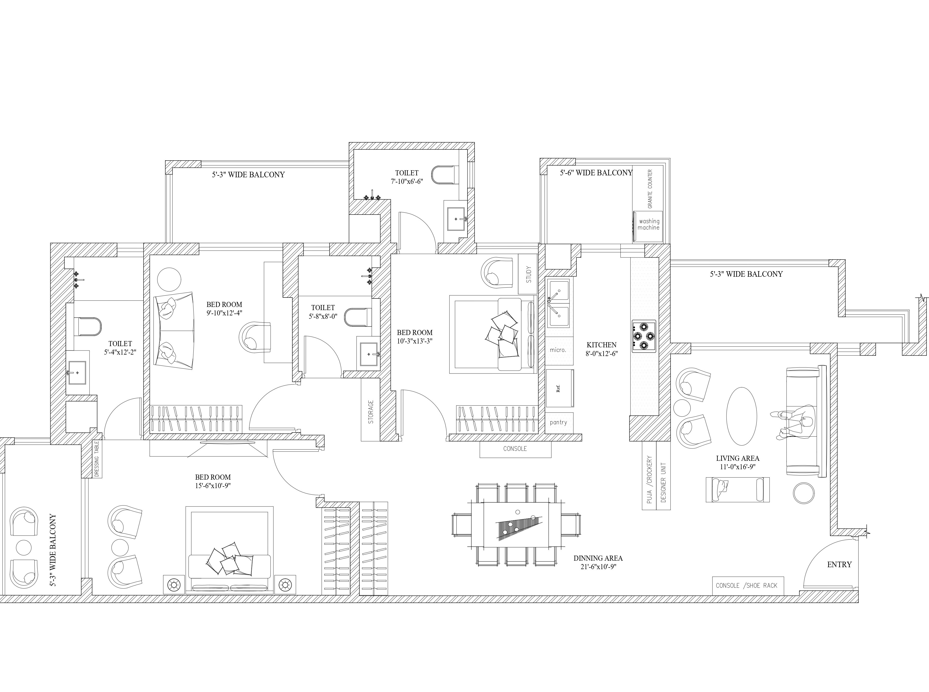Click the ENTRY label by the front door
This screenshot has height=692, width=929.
click(x=839, y=565)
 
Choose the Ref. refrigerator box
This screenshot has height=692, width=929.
click(x=560, y=388)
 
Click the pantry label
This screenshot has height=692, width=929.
click(x=558, y=422)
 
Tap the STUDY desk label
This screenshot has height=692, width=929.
click(x=529, y=274)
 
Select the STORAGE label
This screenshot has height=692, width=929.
click(x=370, y=412)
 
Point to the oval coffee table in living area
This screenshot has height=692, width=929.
click(x=741, y=416)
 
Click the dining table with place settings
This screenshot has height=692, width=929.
click(x=516, y=524)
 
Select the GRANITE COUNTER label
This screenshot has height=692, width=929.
click(x=650, y=189)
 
